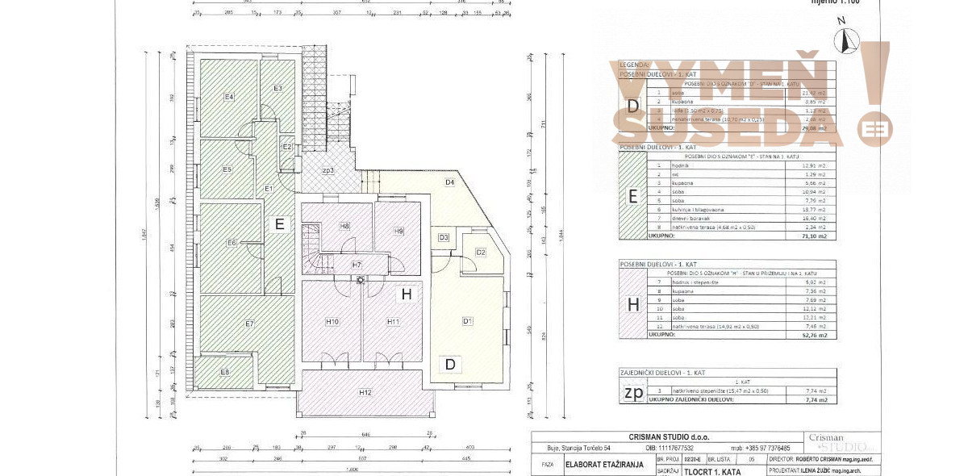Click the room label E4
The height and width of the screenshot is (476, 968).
229,97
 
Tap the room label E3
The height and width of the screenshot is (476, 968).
277,88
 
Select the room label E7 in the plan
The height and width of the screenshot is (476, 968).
249,324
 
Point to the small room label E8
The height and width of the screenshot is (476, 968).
225,372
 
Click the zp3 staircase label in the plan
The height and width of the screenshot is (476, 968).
328,170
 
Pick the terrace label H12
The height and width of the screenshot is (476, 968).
365,392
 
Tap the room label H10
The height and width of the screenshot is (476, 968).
332,322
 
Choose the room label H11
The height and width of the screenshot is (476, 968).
393,322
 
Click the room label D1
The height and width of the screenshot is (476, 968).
466,321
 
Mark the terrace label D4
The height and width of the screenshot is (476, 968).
449,182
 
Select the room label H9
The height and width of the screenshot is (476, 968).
398,232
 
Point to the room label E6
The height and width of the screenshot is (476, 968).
231,243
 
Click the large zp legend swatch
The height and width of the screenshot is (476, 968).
632,394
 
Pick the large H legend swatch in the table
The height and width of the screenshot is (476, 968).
632,304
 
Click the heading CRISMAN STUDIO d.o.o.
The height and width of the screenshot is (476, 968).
652,436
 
